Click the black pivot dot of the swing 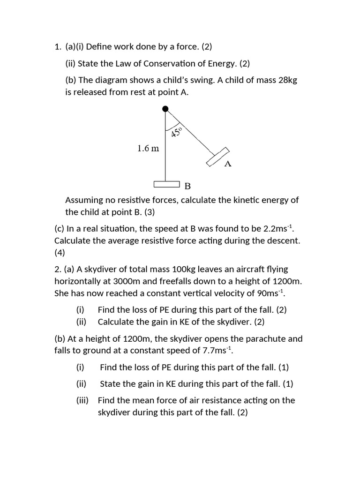coord(165,109)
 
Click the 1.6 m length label coord(148,149)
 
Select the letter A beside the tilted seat coord(228,164)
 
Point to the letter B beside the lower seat coord(187,186)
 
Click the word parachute coord(256,338)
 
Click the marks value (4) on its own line coord(60,253)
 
